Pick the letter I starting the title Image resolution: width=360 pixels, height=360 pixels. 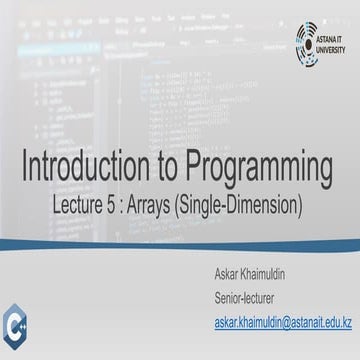[x=24, y=166]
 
